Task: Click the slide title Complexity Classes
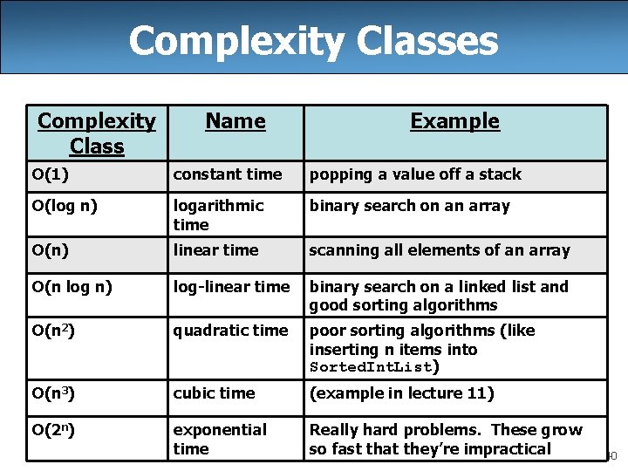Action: pos(314,40)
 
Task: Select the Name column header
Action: pos(235,121)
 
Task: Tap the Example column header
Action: pos(454,121)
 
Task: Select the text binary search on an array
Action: pos(410,206)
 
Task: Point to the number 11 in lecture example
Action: pos(476,393)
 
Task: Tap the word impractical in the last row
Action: pos(508,449)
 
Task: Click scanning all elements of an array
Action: pos(440,250)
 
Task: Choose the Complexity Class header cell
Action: pos(97,133)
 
